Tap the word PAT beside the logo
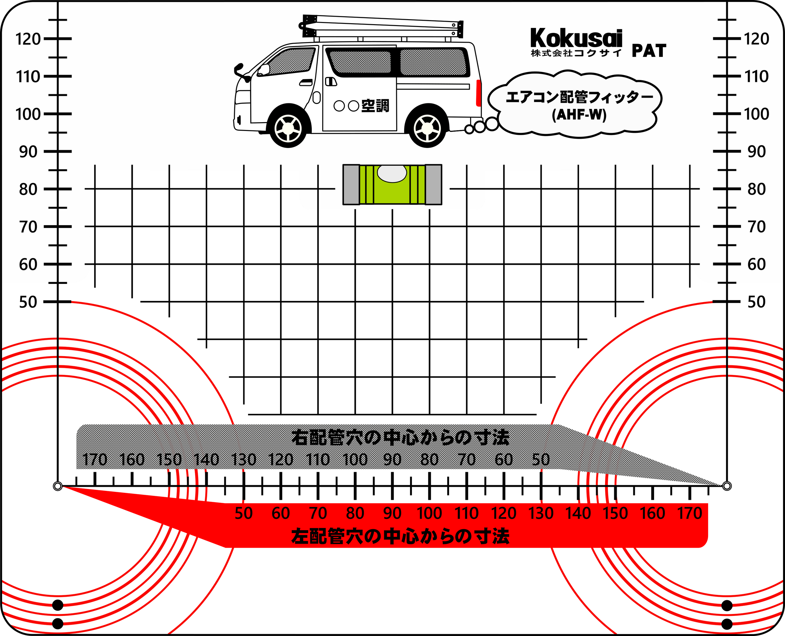coord(649,51)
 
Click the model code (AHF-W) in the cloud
coord(579,115)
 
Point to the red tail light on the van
coord(478,92)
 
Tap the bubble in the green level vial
coord(392,174)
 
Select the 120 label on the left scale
coord(28,39)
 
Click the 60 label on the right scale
coord(757,264)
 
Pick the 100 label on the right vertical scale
coord(756,114)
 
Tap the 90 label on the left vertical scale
coord(28,152)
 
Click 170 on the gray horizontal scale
coord(95,460)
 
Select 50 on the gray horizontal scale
coord(541,460)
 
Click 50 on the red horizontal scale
coord(244,514)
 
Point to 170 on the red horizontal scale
coord(690,514)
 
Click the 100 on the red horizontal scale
coord(429,514)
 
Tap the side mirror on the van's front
coord(239,70)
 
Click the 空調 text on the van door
coord(375,106)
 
